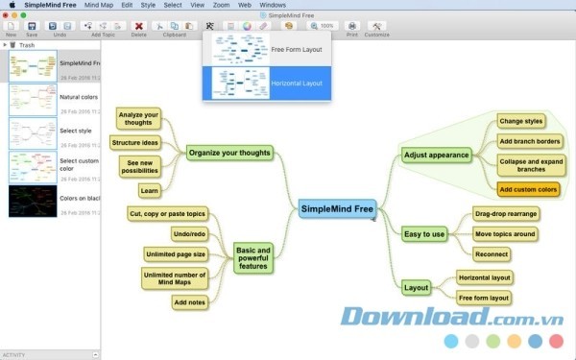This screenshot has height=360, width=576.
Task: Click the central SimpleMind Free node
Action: [336, 207]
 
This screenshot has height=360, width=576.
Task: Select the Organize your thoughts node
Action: [229, 152]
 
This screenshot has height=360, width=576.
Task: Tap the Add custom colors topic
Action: [528, 189]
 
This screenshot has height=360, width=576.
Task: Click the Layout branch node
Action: [417, 287]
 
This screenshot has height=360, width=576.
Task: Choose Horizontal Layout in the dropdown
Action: [265, 83]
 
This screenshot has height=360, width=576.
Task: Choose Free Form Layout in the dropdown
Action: [265, 48]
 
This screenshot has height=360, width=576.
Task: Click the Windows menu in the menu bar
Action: [273, 5]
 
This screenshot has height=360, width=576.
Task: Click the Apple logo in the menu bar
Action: [12, 5]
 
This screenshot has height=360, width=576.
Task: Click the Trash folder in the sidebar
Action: [26, 44]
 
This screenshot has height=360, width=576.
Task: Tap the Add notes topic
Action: [188, 302]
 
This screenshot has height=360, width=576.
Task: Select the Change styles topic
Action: [521, 121]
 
